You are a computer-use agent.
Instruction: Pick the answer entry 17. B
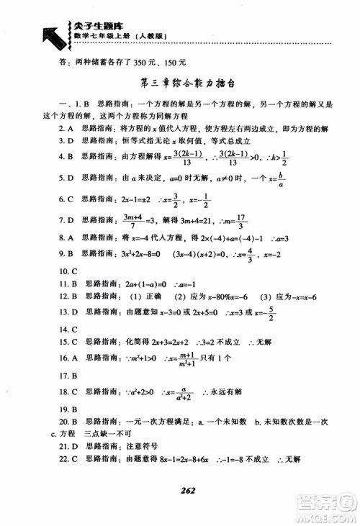pos(68,376)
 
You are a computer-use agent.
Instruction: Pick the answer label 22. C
pos(68,458)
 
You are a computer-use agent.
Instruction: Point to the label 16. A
pos(68,357)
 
